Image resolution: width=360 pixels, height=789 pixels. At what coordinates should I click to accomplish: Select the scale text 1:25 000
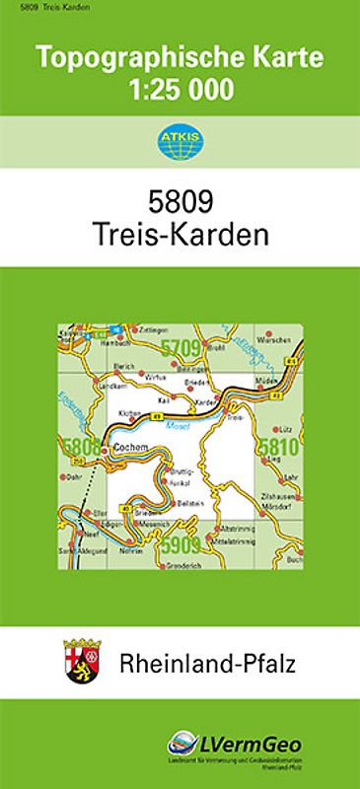(x=180, y=91)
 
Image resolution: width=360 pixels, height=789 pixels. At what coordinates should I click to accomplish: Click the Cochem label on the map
(x=130, y=447)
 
